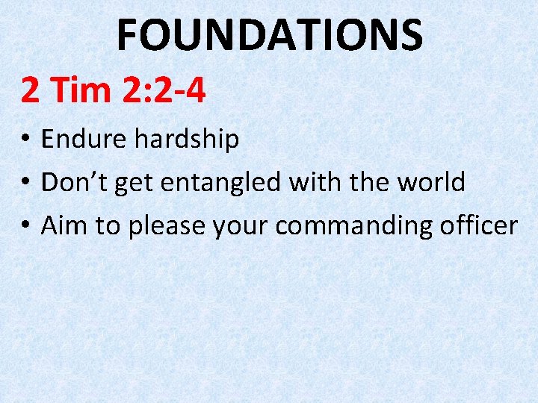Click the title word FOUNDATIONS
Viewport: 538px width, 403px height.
click(270, 34)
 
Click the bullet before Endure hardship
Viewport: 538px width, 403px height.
click(25, 140)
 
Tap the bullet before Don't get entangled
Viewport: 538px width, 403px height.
click(25, 182)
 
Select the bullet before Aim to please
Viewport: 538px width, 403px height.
click(25, 225)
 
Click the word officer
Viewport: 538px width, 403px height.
click(479, 225)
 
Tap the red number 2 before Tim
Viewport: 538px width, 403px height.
click(30, 90)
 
